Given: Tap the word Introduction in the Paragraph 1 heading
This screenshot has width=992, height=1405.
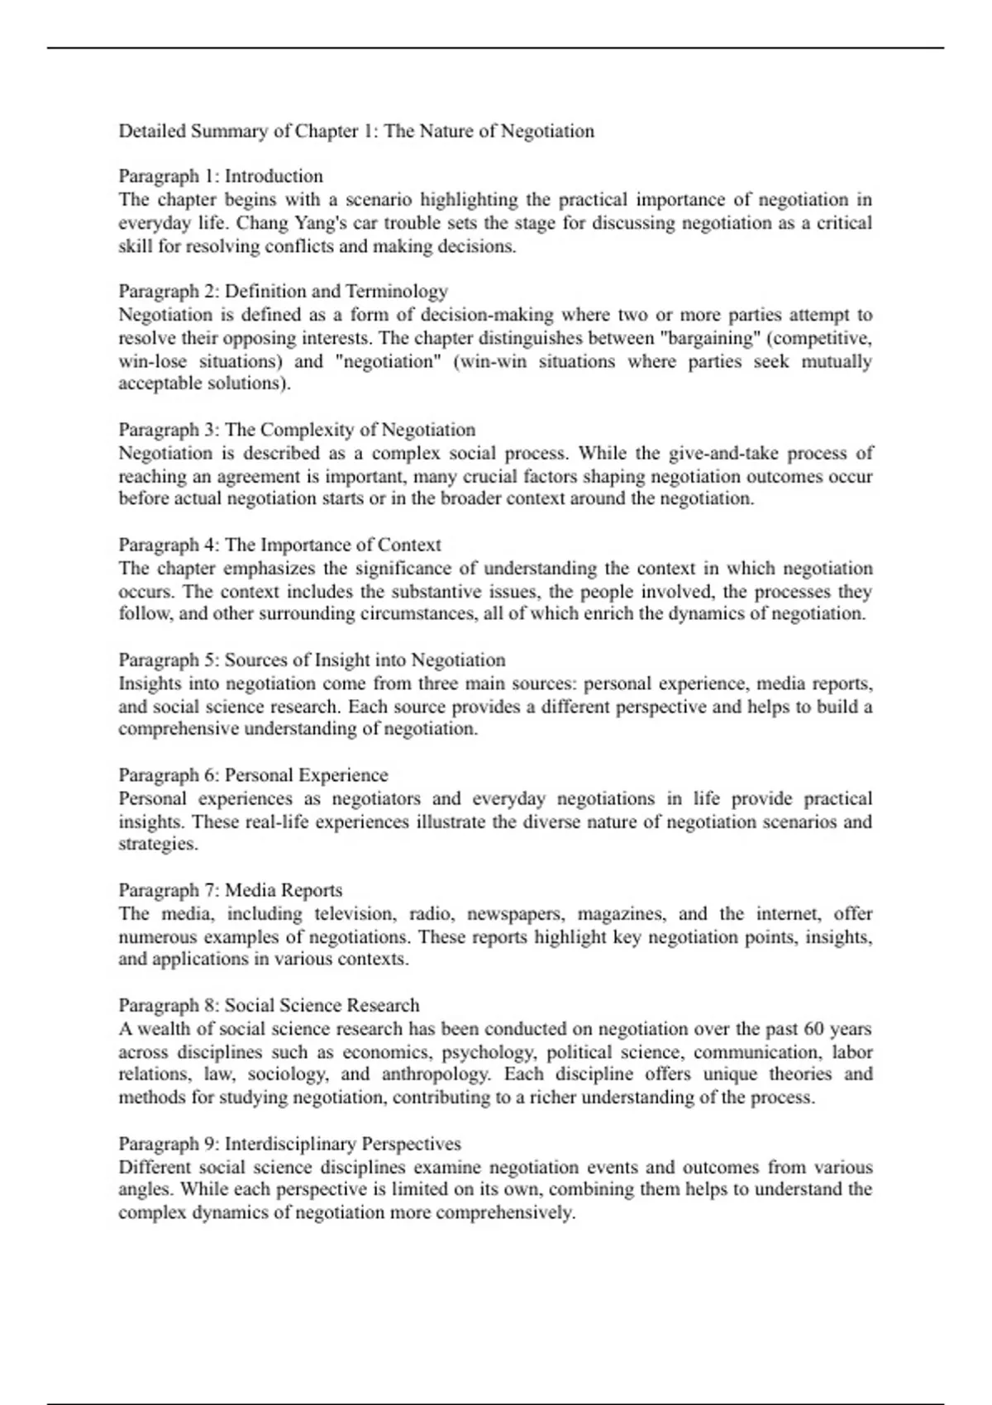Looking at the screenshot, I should [x=274, y=176].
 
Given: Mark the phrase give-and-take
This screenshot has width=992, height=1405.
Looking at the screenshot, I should [x=706, y=453].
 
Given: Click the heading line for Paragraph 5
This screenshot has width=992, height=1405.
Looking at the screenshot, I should [x=312, y=660].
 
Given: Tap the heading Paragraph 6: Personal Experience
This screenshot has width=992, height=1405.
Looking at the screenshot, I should [x=253, y=775].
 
